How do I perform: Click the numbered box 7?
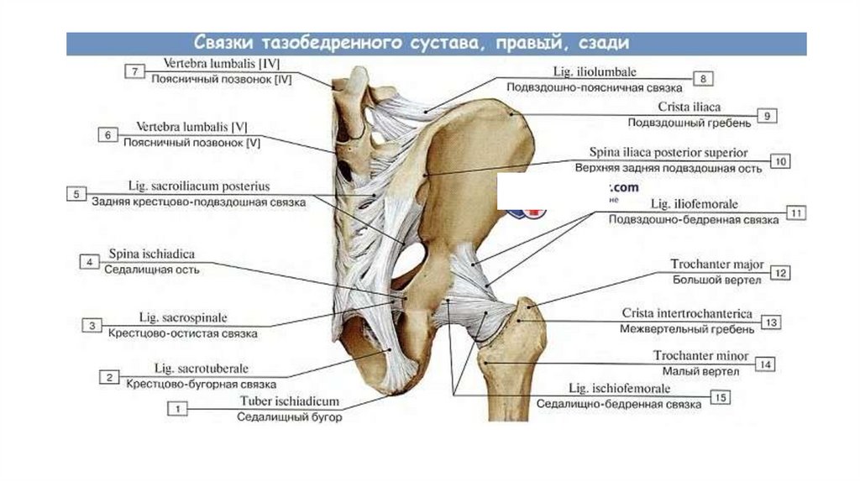(134, 71)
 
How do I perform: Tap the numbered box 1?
(177, 408)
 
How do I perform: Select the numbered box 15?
(719, 396)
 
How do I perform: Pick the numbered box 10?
(779, 161)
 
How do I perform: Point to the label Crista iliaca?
(690, 107)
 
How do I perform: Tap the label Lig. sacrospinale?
(183, 318)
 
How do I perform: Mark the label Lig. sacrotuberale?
(202, 369)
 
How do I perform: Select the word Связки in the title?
(223, 43)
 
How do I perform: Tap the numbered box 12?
(780, 272)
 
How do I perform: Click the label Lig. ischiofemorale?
(620, 389)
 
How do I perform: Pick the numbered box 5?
(76, 194)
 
